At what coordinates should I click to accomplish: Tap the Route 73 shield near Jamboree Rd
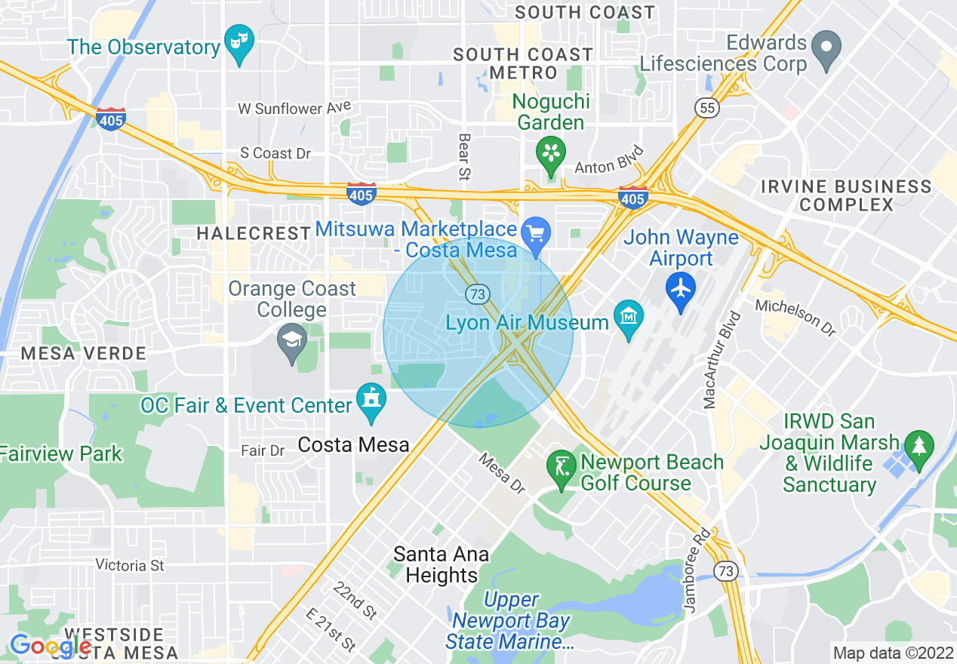[726, 571]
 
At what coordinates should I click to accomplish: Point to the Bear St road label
[463, 157]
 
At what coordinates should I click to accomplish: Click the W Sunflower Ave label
[294, 109]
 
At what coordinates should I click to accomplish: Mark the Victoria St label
[130, 565]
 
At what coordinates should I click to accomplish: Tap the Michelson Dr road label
[795, 318]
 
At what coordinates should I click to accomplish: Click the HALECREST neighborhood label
[254, 234]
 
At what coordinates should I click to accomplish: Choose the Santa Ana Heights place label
[441, 565]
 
